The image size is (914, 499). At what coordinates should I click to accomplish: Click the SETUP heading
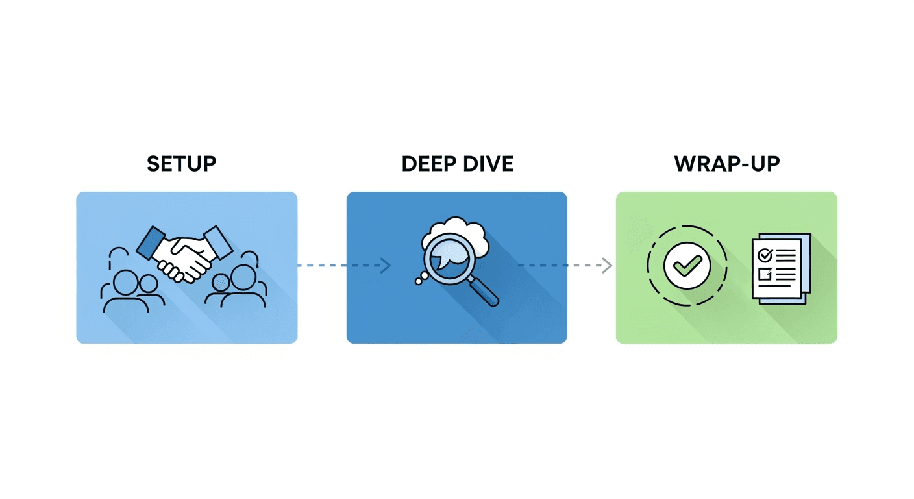click(181, 164)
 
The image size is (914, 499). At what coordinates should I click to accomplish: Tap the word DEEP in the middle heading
click(426, 164)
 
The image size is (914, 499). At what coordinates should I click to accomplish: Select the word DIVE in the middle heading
click(486, 164)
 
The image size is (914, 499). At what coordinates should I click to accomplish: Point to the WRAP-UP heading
click(726, 164)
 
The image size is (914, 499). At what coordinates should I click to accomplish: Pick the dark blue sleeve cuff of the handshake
click(150, 241)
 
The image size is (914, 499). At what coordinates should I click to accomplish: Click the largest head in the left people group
click(126, 282)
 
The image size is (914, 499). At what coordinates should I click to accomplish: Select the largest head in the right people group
click(242, 278)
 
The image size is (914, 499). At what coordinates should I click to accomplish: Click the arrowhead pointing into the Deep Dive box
click(386, 266)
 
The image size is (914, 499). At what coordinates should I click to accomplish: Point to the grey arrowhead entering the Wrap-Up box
click(608, 266)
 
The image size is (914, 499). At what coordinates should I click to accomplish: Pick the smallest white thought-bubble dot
click(417, 282)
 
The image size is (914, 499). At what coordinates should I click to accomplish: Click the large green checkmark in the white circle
click(687, 265)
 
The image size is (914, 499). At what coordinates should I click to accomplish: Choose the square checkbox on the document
click(765, 273)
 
